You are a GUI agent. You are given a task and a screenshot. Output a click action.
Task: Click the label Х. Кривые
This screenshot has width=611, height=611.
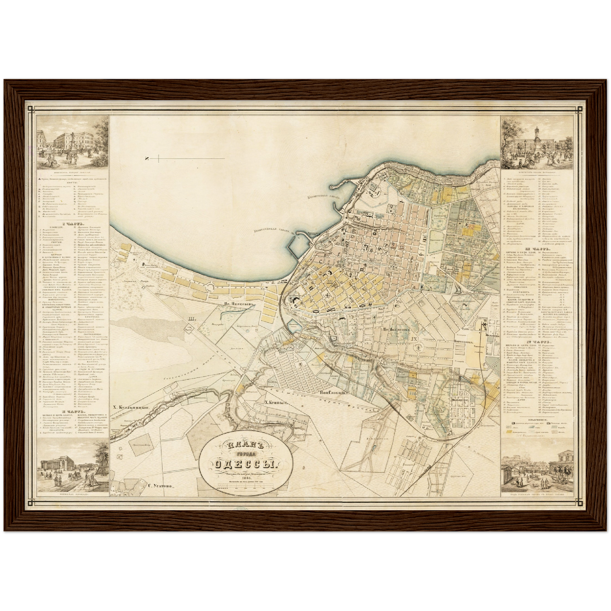pos(275,403)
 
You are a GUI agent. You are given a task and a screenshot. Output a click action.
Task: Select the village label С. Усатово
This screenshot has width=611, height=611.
pos(162,486)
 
